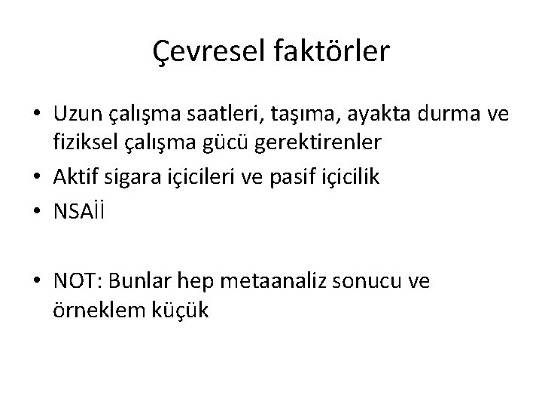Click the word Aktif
(74, 176)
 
